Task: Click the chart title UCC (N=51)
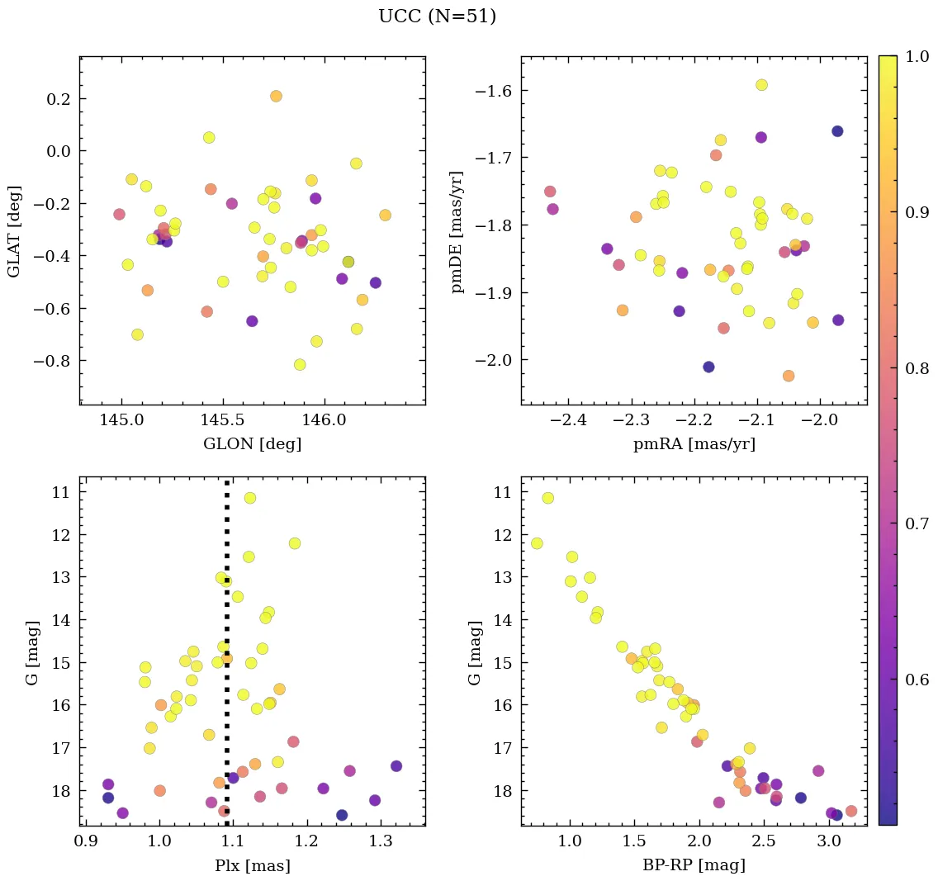[x=437, y=17]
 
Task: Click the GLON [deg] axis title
[x=253, y=444]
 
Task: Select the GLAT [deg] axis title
[x=14, y=231]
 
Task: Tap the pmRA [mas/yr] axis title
[x=694, y=444]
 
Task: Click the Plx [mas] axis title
[x=253, y=865]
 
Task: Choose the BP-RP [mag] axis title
[x=694, y=865]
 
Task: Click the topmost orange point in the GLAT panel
[x=276, y=96]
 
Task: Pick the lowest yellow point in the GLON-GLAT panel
[x=300, y=365]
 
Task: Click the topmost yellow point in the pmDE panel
[x=761, y=85]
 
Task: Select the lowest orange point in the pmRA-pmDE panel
[x=789, y=376]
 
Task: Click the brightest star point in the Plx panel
[x=249, y=498]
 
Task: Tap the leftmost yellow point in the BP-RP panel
[x=537, y=543]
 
